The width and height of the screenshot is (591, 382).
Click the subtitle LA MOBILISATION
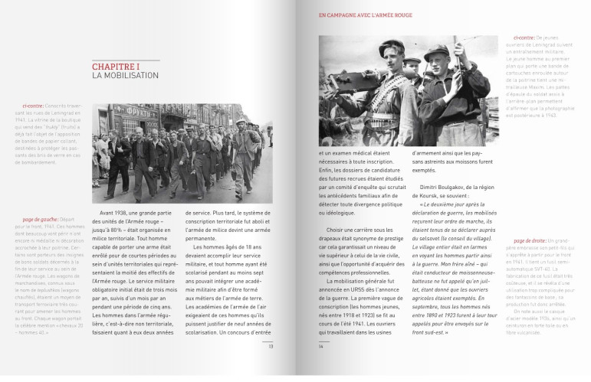pos(125,76)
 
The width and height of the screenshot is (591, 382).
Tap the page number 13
pos(271,346)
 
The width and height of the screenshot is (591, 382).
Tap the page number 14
pos(320,346)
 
